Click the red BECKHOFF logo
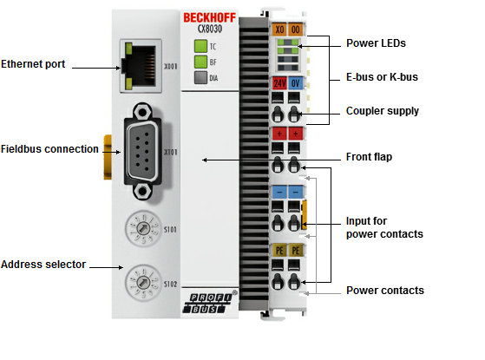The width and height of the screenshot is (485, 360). [209, 17]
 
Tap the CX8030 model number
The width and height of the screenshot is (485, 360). [210, 29]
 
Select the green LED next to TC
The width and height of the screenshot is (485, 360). [200, 46]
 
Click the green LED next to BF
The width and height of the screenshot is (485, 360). [200, 62]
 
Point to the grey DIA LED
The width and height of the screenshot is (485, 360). [200, 77]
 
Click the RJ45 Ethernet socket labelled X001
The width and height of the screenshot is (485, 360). [141, 66]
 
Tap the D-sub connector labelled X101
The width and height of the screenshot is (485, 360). [142, 152]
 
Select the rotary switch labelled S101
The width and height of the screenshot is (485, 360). [143, 229]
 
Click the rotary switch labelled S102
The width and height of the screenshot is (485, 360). [143, 283]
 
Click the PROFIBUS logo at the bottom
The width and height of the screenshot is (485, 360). [207, 304]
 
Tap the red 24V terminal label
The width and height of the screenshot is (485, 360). [279, 83]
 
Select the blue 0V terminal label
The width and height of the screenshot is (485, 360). [295, 83]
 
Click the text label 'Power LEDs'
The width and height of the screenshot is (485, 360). [376, 43]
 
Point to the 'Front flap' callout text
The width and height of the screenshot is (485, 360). [369, 157]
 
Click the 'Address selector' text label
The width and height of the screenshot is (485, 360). [43, 265]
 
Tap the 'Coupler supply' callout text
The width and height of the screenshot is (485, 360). [383, 111]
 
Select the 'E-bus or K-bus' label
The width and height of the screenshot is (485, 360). [382, 77]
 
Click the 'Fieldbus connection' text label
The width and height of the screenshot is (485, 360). [49, 149]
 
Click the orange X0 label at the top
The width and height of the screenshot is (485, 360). [279, 29]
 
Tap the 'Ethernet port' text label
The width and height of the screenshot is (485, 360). [33, 64]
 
